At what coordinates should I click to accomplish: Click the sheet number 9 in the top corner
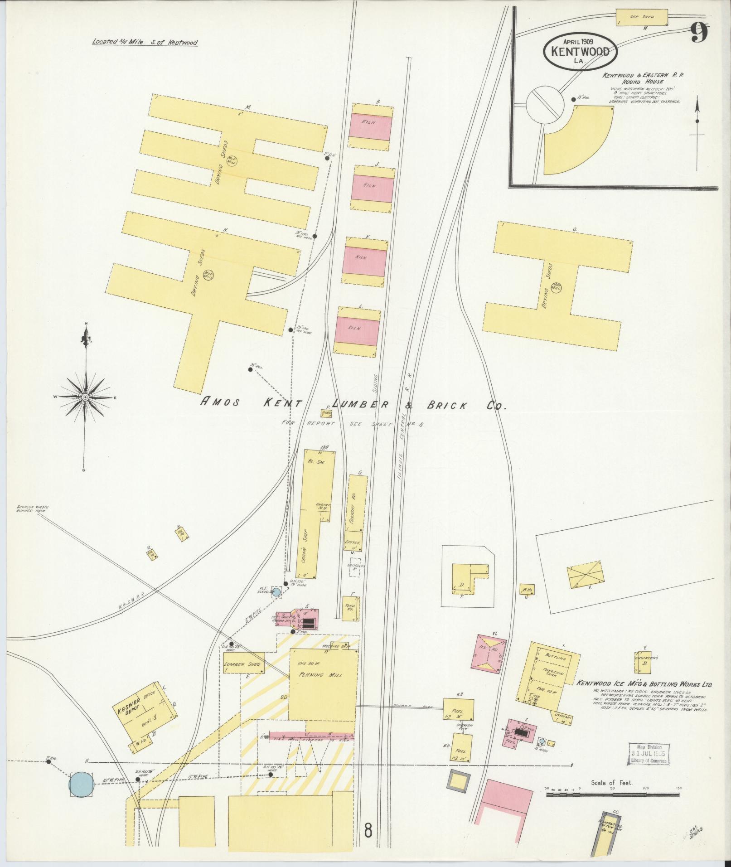pyautogui.click(x=700, y=32)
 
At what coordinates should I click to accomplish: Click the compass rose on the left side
pyautogui.click(x=85, y=397)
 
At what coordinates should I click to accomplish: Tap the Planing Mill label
pyautogui.click(x=320, y=688)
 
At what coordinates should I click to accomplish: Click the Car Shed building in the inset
pyautogui.click(x=642, y=17)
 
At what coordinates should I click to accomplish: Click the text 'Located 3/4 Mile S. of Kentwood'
pyautogui.click(x=145, y=43)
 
